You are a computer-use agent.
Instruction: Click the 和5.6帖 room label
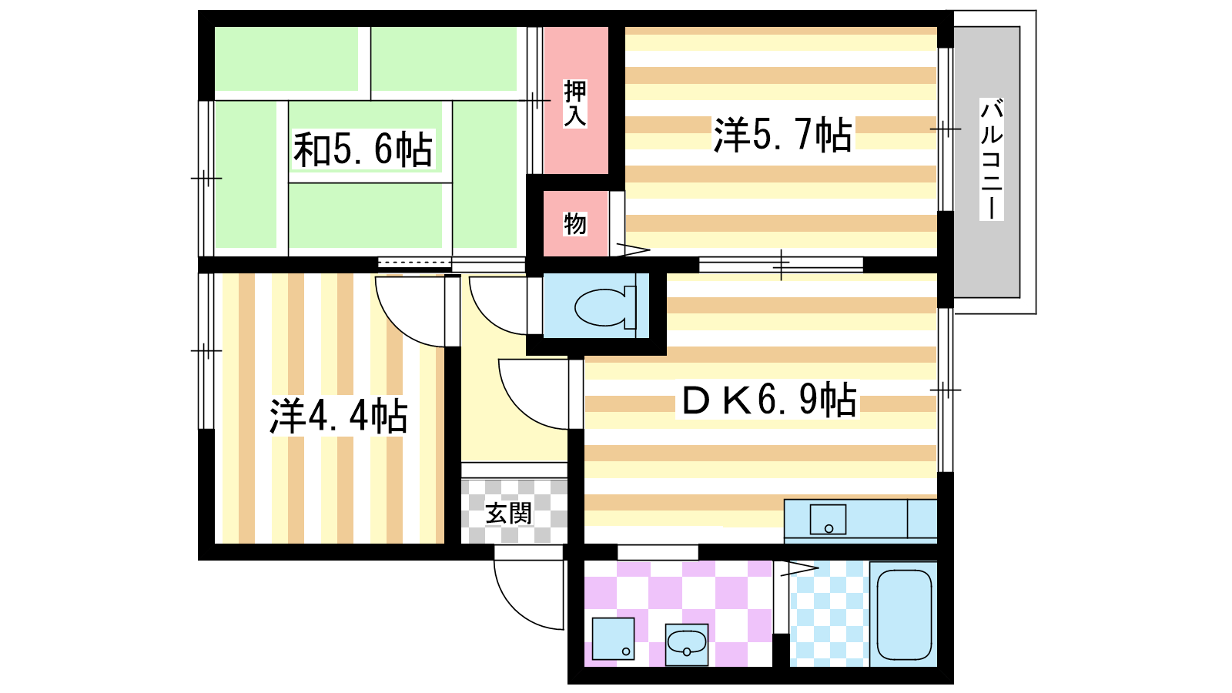(x=363, y=149)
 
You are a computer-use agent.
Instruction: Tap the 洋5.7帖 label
(x=783, y=134)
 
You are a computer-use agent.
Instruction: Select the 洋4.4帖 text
(x=339, y=416)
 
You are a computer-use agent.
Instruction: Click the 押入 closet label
(x=575, y=103)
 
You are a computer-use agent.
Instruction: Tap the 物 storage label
(x=575, y=224)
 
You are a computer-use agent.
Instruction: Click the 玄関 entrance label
(x=509, y=514)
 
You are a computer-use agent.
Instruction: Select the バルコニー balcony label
(x=991, y=159)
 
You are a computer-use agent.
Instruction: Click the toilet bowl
(x=605, y=306)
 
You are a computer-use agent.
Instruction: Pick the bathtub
(x=904, y=614)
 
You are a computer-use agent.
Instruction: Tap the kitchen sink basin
(x=828, y=520)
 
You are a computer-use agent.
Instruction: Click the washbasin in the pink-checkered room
(x=686, y=644)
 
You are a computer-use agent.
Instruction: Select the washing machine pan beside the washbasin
(x=613, y=638)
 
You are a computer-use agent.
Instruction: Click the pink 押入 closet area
(x=576, y=100)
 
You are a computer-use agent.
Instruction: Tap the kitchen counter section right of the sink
(x=922, y=518)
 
